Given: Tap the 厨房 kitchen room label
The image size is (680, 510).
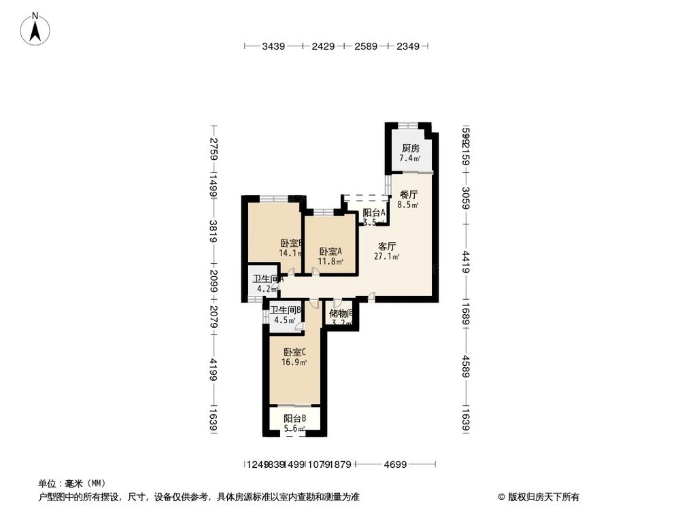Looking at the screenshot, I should pos(409,148).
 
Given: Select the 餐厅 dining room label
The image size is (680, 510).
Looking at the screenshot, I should pos(408,194).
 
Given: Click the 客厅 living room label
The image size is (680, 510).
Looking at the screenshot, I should pos(387,247).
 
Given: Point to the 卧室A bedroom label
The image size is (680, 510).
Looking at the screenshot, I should pos(331,251).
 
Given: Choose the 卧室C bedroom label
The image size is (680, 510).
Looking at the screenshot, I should pos(294,352).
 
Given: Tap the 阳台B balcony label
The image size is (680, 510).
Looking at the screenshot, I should pos(294,418).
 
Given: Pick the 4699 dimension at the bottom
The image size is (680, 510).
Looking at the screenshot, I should pos(394,465).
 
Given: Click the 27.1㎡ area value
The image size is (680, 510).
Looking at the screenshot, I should pos(386,257).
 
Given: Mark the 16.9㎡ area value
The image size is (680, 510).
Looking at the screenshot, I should pos(294,362).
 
